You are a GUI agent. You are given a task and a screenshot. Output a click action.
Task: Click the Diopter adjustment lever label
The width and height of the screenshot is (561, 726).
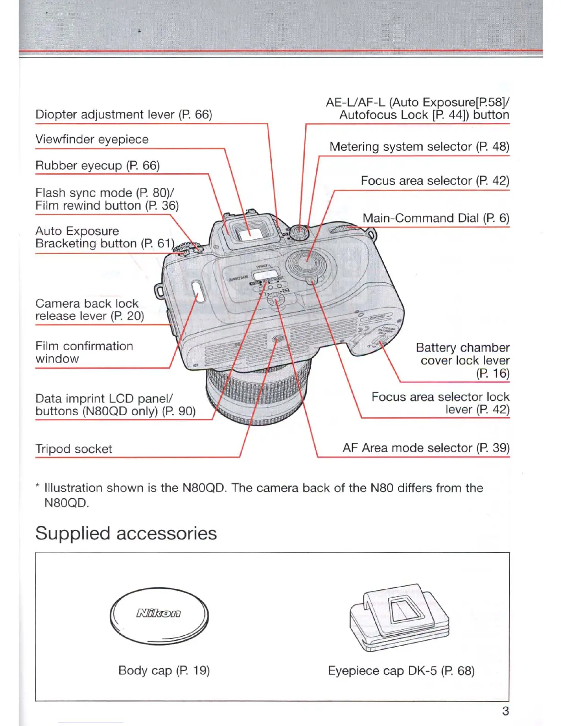click(124, 115)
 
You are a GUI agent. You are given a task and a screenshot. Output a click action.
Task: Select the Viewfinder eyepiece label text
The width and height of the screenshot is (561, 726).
click(92, 139)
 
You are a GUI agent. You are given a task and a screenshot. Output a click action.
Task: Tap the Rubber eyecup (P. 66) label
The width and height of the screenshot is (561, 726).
click(98, 165)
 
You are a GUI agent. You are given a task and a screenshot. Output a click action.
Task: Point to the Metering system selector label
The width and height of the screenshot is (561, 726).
click(419, 147)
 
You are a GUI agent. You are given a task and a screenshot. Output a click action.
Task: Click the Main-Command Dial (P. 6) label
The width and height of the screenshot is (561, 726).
click(435, 218)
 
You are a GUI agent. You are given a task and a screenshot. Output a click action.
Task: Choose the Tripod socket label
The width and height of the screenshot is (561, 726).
click(74, 449)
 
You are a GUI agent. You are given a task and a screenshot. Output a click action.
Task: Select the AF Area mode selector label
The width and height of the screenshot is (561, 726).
click(426, 448)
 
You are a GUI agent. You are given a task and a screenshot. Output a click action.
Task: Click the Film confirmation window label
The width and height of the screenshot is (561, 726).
click(84, 352)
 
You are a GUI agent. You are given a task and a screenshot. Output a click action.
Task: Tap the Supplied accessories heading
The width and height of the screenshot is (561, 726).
click(126, 533)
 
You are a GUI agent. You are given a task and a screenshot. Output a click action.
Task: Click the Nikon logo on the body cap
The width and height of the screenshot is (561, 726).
click(159, 613)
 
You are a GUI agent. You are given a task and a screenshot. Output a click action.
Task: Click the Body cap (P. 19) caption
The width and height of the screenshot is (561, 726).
click(164, 671)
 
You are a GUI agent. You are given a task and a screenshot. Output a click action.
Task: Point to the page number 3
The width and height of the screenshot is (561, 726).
click(506, 711)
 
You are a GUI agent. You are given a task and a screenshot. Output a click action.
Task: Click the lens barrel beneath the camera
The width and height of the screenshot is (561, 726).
click(257, 394)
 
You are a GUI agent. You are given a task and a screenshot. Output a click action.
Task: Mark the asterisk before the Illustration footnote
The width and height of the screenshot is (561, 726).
click(37, 487)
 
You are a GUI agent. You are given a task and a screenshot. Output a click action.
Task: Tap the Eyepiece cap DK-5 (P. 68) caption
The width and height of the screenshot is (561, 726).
click(401, 671)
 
